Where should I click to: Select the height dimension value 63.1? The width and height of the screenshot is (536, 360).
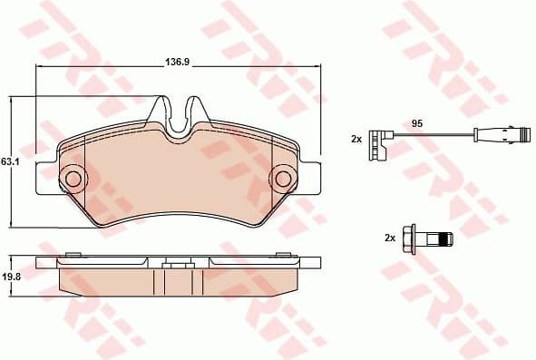10,161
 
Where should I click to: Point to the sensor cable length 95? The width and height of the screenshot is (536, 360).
418,122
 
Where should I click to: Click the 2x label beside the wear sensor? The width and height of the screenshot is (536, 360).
356,139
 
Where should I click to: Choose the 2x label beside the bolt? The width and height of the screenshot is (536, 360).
389,238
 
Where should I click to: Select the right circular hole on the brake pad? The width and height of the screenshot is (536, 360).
282,177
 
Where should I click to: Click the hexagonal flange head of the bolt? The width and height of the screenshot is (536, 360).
409,239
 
